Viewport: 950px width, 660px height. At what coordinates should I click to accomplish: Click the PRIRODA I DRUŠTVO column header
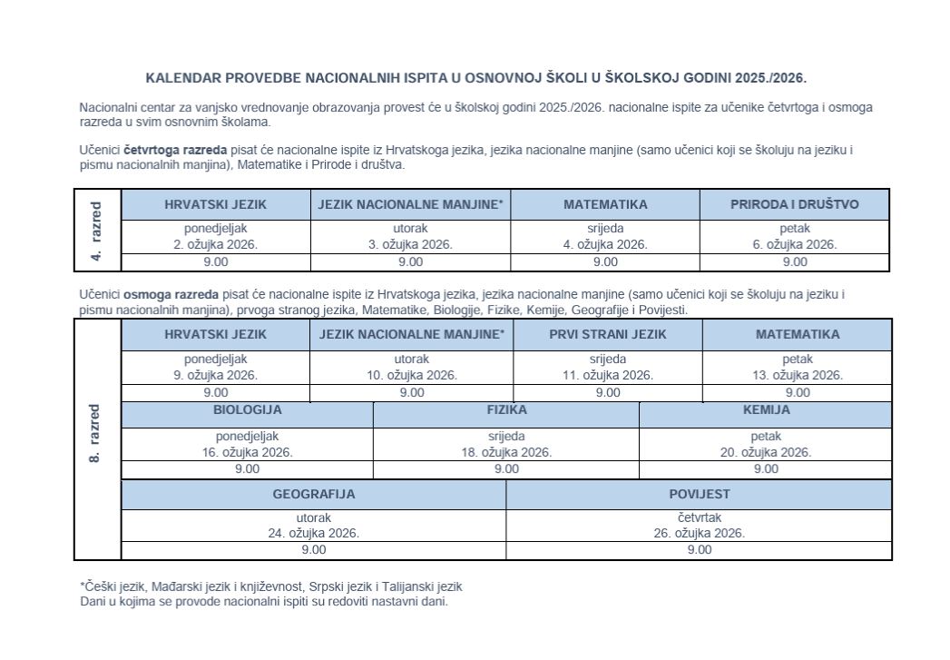[x=794, y=204]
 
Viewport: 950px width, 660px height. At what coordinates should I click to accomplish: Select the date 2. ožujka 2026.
[x=215, y=244]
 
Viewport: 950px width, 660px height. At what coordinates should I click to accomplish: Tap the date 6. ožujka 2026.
[x=794, y=244]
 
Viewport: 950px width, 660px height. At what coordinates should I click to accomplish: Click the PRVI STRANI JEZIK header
[x=607, y=334]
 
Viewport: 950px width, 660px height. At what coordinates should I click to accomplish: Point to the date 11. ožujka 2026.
[x=607, y=375]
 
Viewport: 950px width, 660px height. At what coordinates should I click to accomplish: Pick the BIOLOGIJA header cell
[x=247, y=409]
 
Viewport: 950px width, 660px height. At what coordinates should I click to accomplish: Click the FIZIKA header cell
[x=506, y=409]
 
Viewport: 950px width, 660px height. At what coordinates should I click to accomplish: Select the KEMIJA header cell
[x=766, y=409]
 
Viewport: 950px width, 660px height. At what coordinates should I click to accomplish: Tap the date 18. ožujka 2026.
[x=506, y=452]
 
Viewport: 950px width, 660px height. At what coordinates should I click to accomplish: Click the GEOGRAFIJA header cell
[x=313, y=495]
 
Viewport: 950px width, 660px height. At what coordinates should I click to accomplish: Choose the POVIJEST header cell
[x=699, y=495]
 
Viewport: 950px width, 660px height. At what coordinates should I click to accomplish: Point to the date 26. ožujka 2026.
[x=699, y=533]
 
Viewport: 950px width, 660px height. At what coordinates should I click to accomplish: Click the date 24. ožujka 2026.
[x=313, y=533]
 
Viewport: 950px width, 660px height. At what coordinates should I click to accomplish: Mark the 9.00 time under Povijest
[x=699, y=549]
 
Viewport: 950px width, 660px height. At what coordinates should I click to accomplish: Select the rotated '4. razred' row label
[x=96, y=230]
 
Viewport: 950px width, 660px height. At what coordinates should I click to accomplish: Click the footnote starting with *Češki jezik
[x=271, y=586]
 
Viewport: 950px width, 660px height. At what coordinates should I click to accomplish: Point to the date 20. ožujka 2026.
[x=766, y=452]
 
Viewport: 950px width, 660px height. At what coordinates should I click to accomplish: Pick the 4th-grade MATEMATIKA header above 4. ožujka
[x=605, y=204]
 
